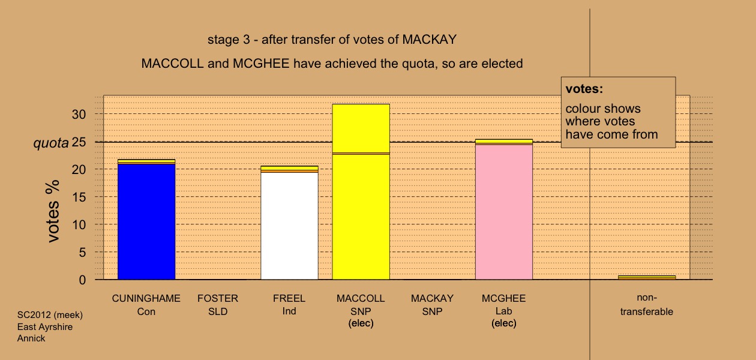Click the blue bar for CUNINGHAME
click(x=146, y=221)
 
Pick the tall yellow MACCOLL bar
click(x=361, y=191)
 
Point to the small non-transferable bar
click(x=647, y=278)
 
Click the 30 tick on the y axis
click(x=79, y=115)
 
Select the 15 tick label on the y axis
click(x=79, y=197)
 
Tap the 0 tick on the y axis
click(x=82, y=280)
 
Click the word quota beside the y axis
click(x=51, y=143)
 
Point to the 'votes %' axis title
click(x=53, y=211)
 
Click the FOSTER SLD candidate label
click(x=218, y=305)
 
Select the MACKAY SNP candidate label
click(x=433, y=305)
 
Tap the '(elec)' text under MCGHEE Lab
click(x=504, y=323)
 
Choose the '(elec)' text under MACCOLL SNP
click(x=361, y=323)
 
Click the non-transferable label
click(x=647, y=305)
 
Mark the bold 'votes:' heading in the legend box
click(x=584, y=89)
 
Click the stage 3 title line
click(x=332, y=40)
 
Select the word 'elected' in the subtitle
click(x=502, y=64)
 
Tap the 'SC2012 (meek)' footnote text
click(x=50, y=315)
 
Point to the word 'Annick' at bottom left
click(x=31, y=338)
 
